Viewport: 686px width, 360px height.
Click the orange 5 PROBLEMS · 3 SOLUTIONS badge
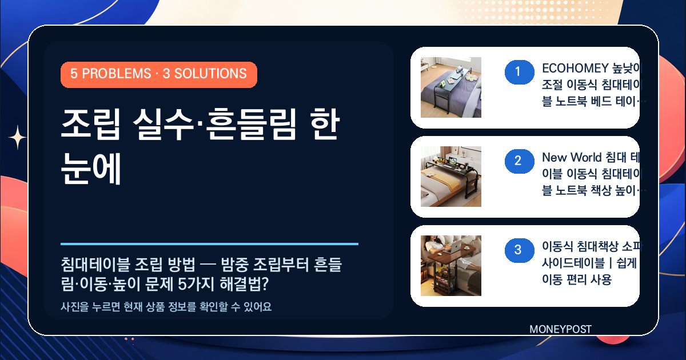(x=159, y=75)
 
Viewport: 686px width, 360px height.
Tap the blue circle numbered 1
(x=520, y=72)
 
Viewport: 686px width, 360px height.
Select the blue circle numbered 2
(x=520, y=161)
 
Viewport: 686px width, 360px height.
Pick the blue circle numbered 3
(x=520, y=250)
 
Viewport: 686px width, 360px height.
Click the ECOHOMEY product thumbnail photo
(x=451, y=87)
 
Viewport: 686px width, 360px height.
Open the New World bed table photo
(x=451, y=177)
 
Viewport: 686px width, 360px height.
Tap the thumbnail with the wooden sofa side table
(x=451, y=265)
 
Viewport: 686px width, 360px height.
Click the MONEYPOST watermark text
(x=560, y=329)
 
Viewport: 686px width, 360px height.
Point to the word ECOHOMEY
(x=575, y=68)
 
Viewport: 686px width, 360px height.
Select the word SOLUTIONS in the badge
(x=210, y=74)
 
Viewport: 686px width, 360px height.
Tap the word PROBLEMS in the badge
(x=117, y=74)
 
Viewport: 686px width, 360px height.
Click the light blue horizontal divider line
(x=209, y=244)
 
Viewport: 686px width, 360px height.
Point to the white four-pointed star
(x=18, y=138)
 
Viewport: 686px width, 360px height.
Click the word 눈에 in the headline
(x=91, y=169)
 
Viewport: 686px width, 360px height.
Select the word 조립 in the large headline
(x=91, y=125)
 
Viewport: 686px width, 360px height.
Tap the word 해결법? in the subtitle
(x=245, y=284)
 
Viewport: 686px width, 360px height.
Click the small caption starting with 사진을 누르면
(x=166, y=307)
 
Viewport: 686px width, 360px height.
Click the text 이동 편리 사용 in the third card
(x=577, y=279)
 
